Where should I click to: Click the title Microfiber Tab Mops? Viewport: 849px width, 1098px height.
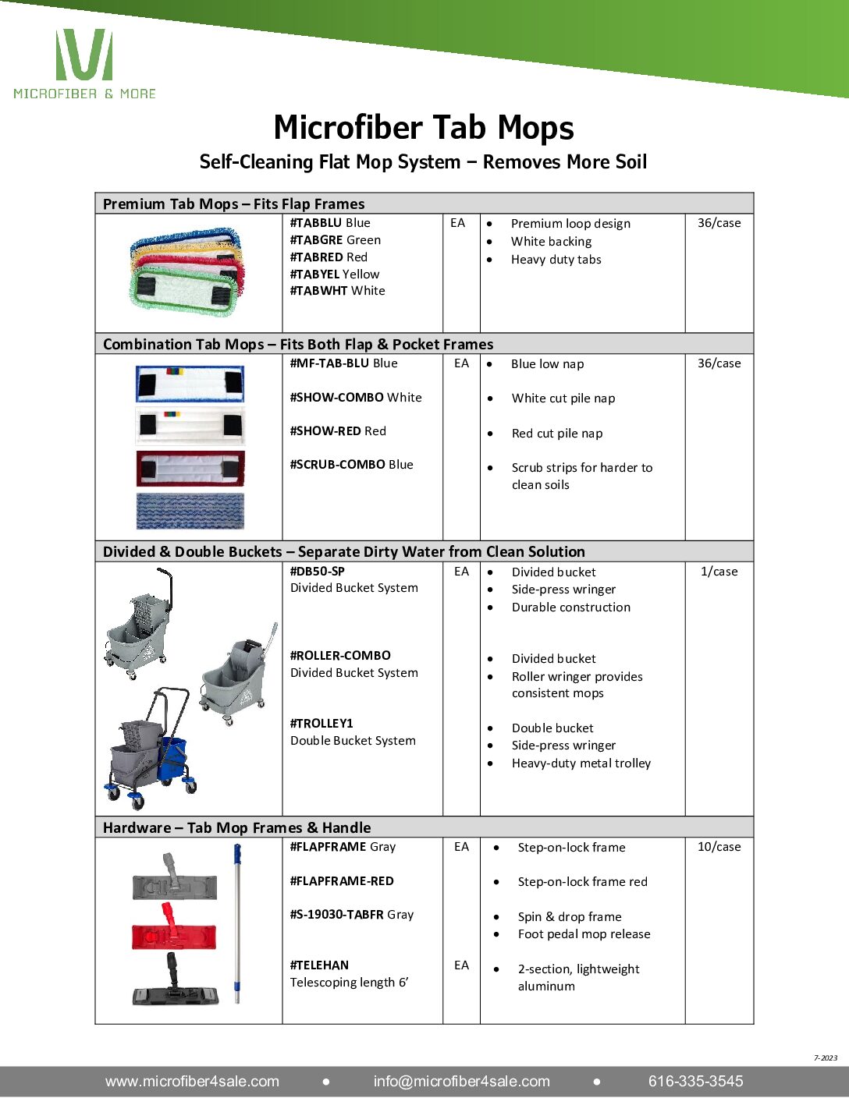pos(424,127)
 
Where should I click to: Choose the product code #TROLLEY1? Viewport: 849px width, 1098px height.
pos(321,724)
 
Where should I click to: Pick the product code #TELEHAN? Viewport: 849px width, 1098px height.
pos(319,965)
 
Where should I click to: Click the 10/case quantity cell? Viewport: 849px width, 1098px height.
pos(719,847)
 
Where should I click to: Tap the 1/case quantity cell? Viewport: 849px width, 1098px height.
pos(719,572)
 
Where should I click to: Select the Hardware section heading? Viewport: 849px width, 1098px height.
pos(236,827)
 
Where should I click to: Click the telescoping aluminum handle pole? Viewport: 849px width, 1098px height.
pos(237,924)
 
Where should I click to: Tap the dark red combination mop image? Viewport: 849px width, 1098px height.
pos(190,468)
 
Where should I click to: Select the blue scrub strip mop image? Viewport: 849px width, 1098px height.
pos(190,511)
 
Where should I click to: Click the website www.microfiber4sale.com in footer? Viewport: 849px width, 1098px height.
pos(192,1082)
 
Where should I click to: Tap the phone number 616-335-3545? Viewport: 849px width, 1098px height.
pos(695,1082)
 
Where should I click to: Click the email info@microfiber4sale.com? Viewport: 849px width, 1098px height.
pos(461,1082)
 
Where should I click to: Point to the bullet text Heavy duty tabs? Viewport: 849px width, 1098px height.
pos(556,260)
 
